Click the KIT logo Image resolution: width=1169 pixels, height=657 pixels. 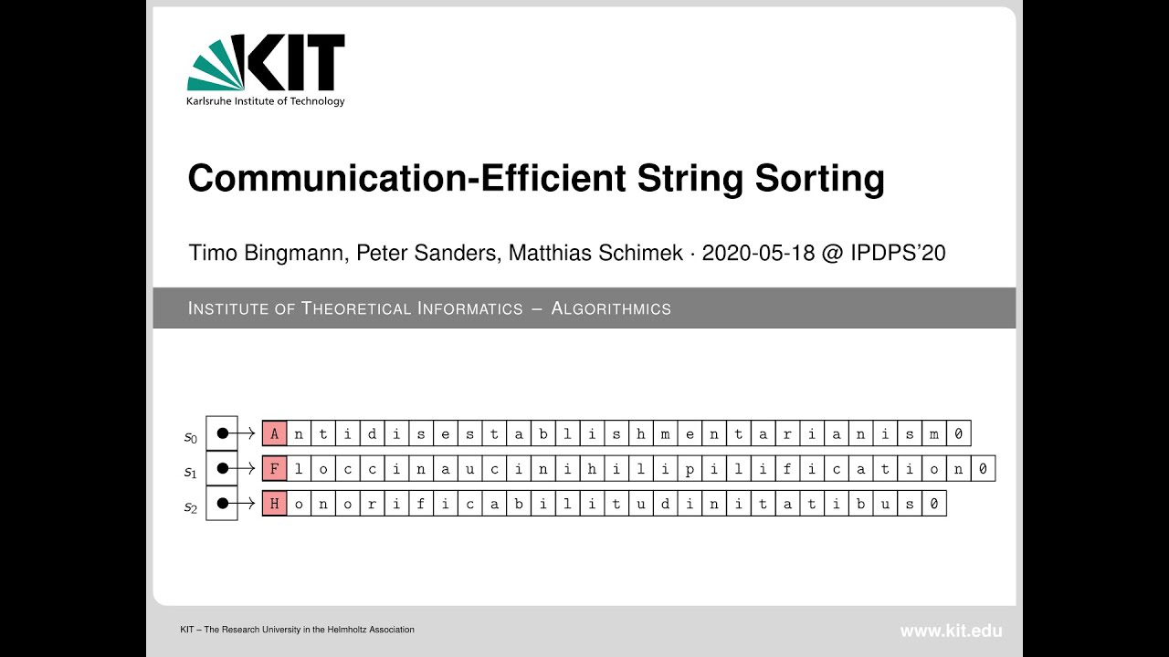pos(266,64)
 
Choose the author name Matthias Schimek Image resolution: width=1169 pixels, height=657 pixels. pos(595,253)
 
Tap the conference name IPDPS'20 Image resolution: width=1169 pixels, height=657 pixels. pos(897,253)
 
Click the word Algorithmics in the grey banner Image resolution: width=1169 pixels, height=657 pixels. pos(611,308)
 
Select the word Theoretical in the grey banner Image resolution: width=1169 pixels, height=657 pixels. pos(356,308)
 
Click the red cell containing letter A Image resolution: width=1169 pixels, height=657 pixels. pos(274,433)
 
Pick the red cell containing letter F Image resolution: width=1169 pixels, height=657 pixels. pos(274,469)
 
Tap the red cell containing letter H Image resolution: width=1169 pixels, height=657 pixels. pos(274,504)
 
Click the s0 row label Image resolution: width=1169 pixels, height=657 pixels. pos(190,438)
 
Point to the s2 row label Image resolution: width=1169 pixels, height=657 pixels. pos(190,508)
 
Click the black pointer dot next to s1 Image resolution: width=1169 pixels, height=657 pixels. pos(222,469)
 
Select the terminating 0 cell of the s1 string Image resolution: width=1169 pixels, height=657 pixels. pos(983,469)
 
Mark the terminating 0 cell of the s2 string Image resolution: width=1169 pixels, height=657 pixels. pos(934,504)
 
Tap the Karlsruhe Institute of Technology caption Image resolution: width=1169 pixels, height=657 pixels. pos(266,101)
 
